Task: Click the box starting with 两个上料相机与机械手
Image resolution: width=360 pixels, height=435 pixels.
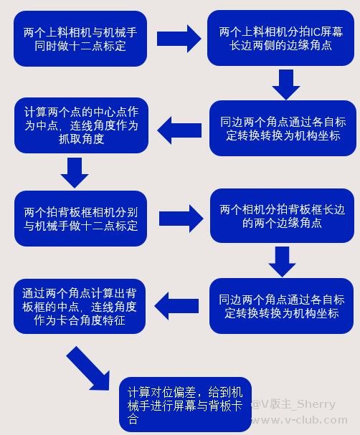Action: tap(80, 39)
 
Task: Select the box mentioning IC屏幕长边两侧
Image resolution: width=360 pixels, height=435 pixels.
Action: tap(280, 38)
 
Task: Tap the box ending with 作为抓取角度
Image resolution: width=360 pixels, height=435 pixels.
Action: tap(81, 125)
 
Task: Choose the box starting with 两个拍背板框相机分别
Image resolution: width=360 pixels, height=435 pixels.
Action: tap(80, 219)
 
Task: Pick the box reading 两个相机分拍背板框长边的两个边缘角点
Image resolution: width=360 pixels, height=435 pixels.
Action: tap(282, 216)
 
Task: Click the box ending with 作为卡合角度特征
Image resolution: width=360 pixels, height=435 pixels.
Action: tap(80, 306)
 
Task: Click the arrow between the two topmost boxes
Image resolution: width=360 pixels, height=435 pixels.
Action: tap(179, 39)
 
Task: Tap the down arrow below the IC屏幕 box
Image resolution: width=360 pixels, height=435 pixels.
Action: tap(286, 85)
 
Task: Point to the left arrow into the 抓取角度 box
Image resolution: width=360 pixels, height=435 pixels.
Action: tap(179, 130)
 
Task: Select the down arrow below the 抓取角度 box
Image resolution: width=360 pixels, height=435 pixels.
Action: tap(75, 173)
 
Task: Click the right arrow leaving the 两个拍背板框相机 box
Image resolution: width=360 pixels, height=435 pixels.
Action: tap(181, 219)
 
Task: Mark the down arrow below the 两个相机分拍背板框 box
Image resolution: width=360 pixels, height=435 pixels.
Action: tap(283, 262)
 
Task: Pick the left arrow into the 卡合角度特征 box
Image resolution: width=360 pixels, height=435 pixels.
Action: tap(176, 306)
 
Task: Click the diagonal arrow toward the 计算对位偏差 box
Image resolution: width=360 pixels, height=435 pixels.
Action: tap(88, 368)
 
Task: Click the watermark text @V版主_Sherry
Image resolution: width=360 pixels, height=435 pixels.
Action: tap(293, 404)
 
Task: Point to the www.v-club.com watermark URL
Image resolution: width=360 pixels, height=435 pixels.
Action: tap(298, 420)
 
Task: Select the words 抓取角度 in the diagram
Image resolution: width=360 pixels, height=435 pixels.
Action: tap(82, 139)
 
